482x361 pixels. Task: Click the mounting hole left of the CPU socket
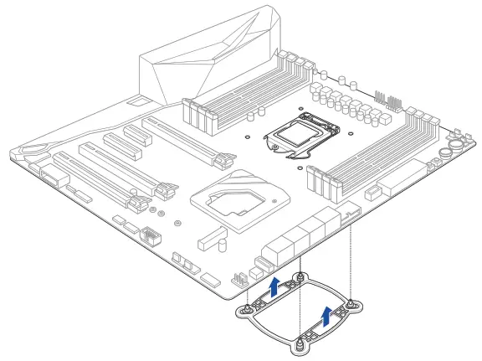pyautogui.click(x=249, y=133)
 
